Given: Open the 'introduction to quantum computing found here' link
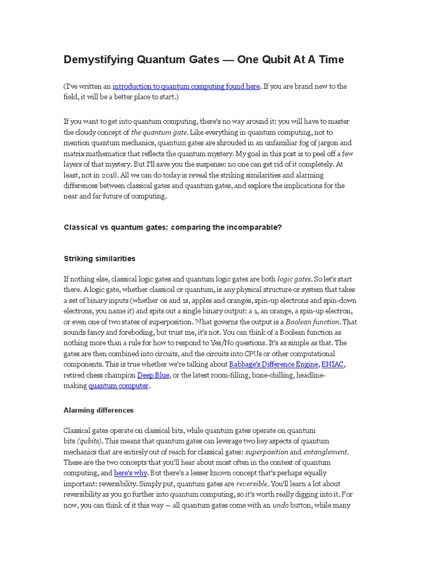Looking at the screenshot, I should tap(186, 86).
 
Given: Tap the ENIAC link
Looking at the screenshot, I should tap(333, 364).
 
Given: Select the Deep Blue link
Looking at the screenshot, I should tap(153, 375).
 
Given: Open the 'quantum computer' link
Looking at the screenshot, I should tap(118, 385).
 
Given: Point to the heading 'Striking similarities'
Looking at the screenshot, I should tap(99, 258).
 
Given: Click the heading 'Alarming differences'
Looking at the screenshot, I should tap(98, 410).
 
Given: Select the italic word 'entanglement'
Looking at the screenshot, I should tap(326, 452).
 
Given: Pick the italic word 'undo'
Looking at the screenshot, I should tap(280, 505).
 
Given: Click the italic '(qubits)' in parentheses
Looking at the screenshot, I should tap(89, 441).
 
